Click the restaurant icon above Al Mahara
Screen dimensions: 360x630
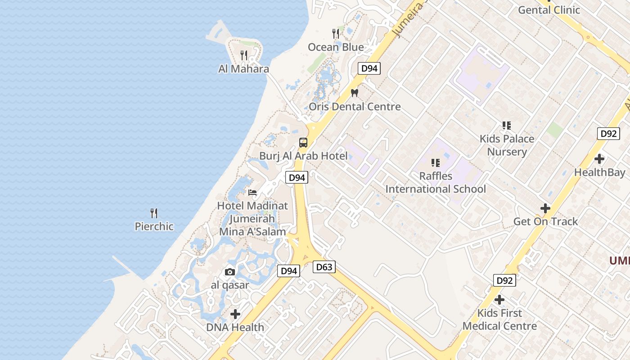click(244, 55)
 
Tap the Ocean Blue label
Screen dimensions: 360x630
click(336, 47)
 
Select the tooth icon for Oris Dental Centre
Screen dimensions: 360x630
click(355, 93)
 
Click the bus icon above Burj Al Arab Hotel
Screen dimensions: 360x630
click(303, 143)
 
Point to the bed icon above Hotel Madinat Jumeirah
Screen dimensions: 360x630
click(252, 193)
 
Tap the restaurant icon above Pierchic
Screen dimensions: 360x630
click(154, 213)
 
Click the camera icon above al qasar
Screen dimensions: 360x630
click(230, 272)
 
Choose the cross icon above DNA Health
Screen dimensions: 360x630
click(235, 314)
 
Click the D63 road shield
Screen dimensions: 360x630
click(324, 267)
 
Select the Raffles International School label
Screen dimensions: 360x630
click(436, 182)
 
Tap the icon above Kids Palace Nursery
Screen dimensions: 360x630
click(507, 126)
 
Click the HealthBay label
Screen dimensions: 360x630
click(599, 172)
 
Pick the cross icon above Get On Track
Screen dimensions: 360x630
click(545, 208)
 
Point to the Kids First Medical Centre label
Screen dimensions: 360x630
click(499, 319)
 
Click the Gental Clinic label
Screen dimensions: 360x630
click(549, 10)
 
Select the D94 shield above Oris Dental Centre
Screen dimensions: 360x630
click(369, 68)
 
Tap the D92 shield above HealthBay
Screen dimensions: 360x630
click(608, 134)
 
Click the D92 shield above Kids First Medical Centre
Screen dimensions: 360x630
click(504, 280)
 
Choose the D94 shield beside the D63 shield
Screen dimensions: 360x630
click(288, 271)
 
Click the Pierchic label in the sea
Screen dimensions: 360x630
click(154, 226)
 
